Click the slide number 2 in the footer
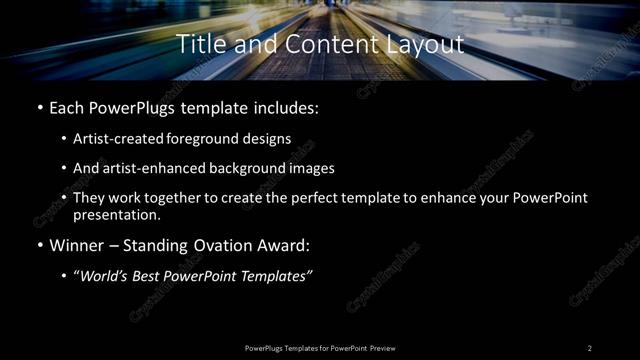pos(590,348)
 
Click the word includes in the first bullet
pos(288,107)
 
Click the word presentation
pos(116,214)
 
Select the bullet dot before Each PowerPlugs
pos(40,107)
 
